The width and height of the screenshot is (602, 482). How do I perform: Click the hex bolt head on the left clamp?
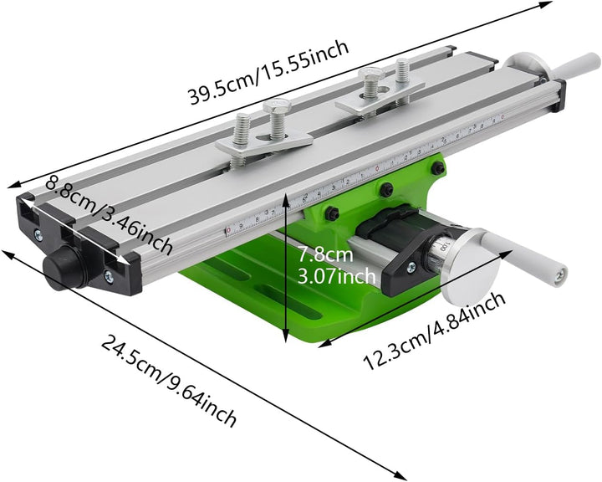click(x=276, y=107)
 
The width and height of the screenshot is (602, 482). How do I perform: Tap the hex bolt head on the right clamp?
click(x=370, y=75)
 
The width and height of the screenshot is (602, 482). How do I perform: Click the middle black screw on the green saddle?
click(x=385, y=190)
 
